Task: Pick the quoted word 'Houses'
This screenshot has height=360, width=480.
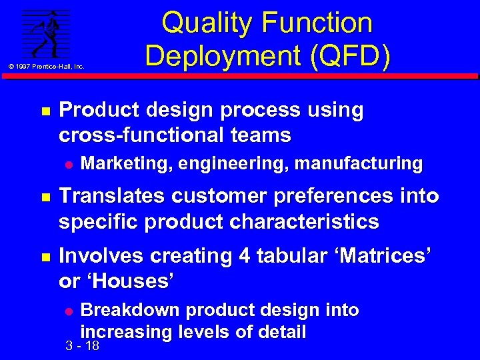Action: [129, 281]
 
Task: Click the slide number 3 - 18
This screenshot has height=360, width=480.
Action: [83, 346]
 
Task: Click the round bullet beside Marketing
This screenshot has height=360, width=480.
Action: [67, 163]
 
